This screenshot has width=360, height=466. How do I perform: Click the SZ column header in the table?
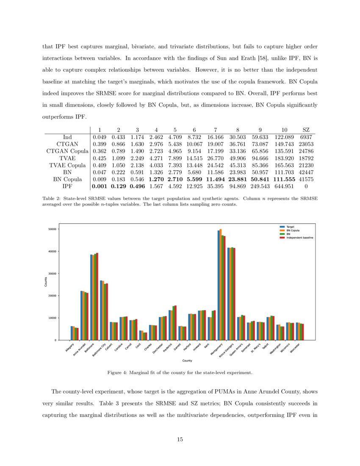306,130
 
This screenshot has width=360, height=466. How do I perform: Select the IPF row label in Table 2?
67,187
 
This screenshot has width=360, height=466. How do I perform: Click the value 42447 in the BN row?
306,172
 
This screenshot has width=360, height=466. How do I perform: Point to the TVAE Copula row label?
67,165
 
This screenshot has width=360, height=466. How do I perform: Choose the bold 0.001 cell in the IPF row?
99,187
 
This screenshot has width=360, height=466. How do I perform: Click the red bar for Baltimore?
97,297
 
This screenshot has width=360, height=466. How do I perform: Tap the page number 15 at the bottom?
180,439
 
